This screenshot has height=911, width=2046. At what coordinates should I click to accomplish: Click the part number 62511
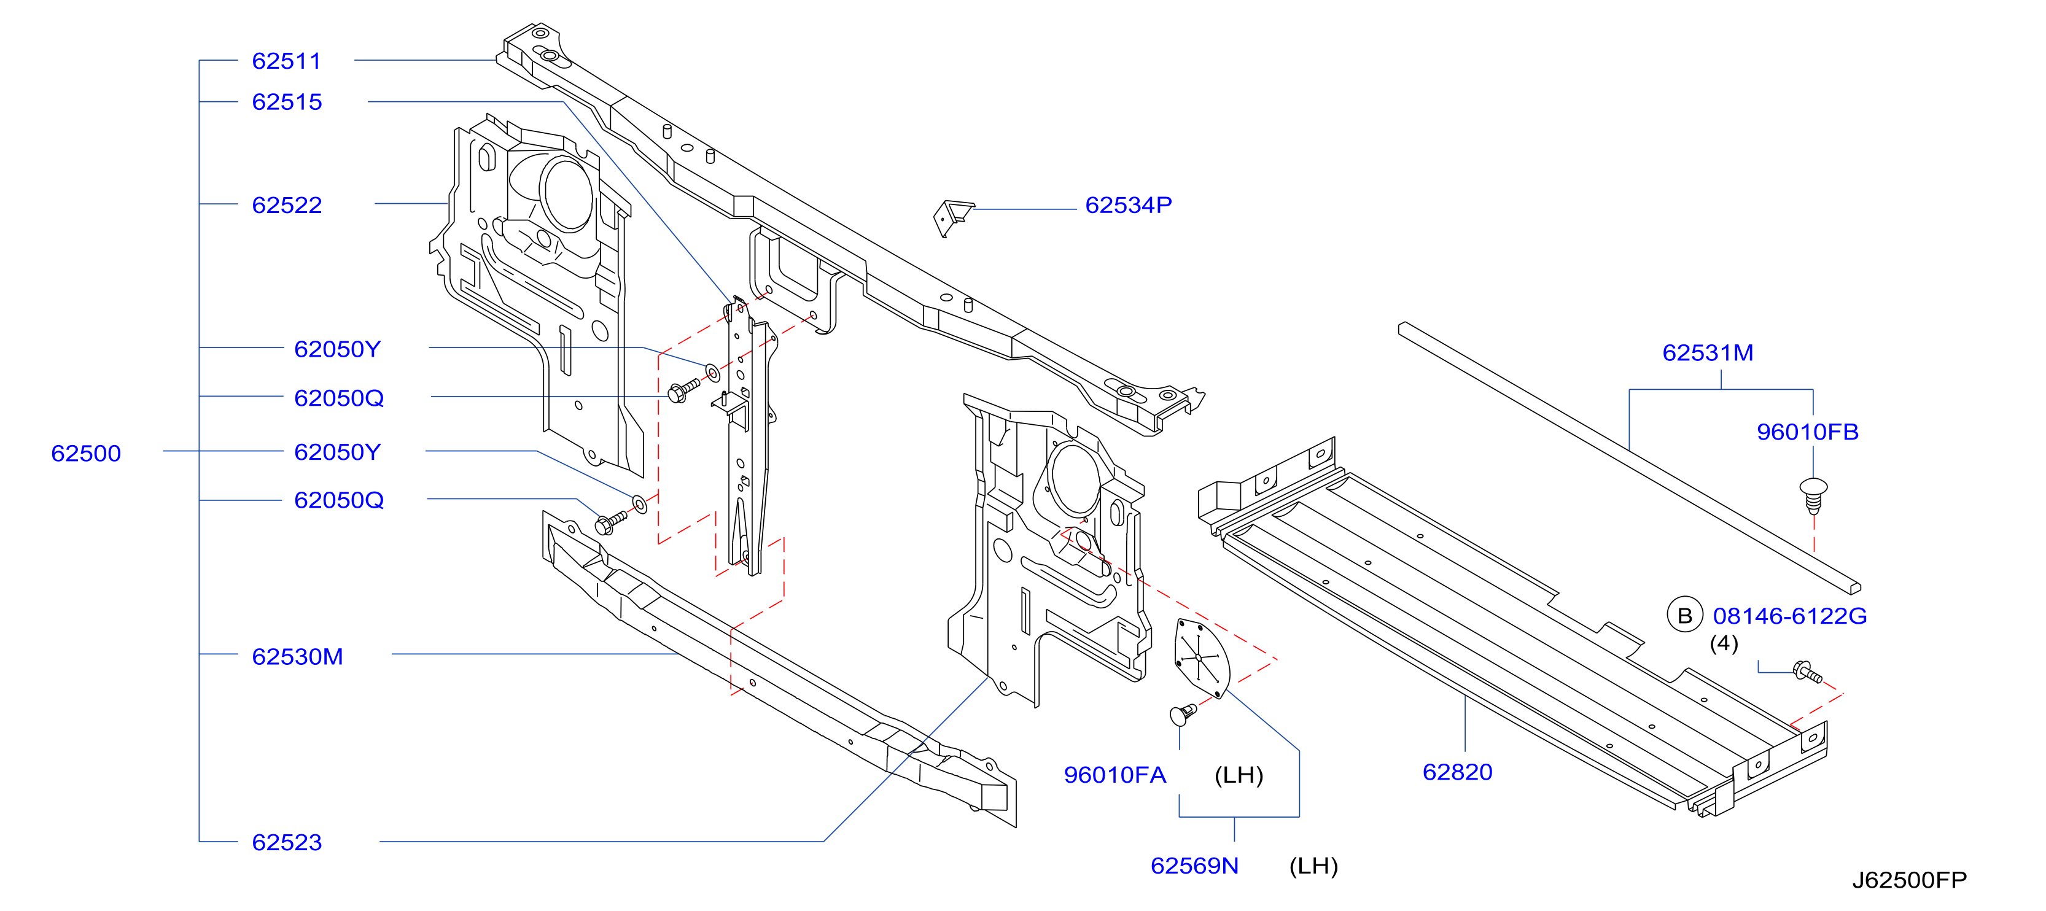[287, 61]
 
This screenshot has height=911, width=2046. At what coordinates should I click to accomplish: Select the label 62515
[287, 103]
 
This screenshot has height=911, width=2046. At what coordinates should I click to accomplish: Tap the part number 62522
[287, 206]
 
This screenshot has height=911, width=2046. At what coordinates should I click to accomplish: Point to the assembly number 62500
[86, 454]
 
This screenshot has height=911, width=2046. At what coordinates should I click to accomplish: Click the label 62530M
[297, 657]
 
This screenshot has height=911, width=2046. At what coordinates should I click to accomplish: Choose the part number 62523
[287, 843]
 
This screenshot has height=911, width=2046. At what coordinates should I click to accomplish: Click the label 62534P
[1128, 206]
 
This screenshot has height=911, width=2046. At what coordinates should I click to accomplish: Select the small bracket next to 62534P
[953, 217]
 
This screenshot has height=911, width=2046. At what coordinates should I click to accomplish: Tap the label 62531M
[1708, 352]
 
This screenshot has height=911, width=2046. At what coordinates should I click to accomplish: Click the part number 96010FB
[1808, 432]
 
